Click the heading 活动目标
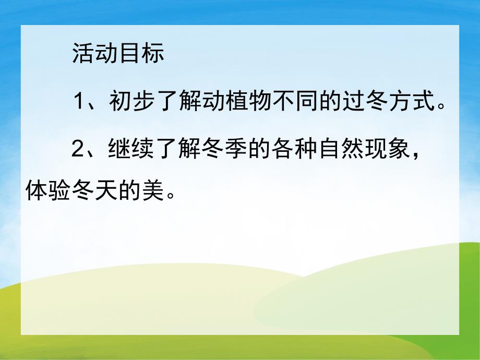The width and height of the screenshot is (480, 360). (x=118, y=54)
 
